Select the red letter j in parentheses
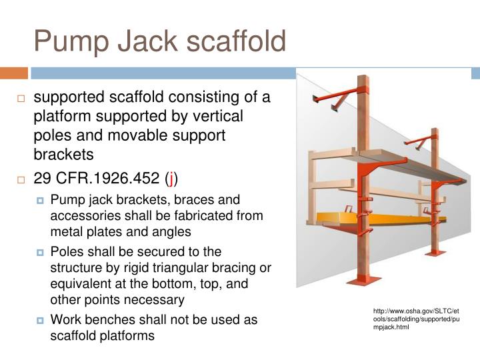173,178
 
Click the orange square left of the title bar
13,73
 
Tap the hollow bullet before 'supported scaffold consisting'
21,99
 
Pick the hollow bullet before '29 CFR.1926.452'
21,179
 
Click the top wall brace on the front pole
339,97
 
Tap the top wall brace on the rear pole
418,141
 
